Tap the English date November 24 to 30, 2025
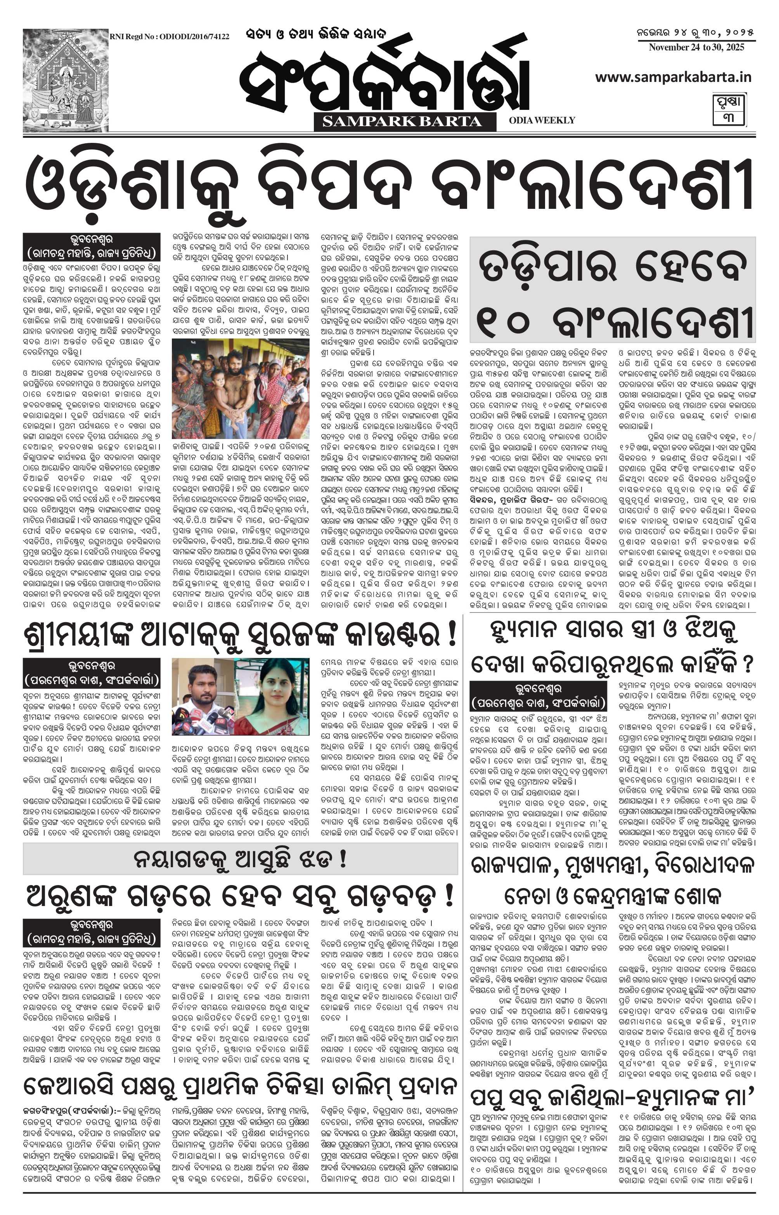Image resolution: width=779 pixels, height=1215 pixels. coord(696,48)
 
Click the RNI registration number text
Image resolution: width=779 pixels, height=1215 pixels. coord(170,36)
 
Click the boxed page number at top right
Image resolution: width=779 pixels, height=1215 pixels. coord(729,109)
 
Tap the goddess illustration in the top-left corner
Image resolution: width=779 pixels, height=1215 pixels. coord(66,80)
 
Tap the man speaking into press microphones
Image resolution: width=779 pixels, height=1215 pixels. coord(203,696)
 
